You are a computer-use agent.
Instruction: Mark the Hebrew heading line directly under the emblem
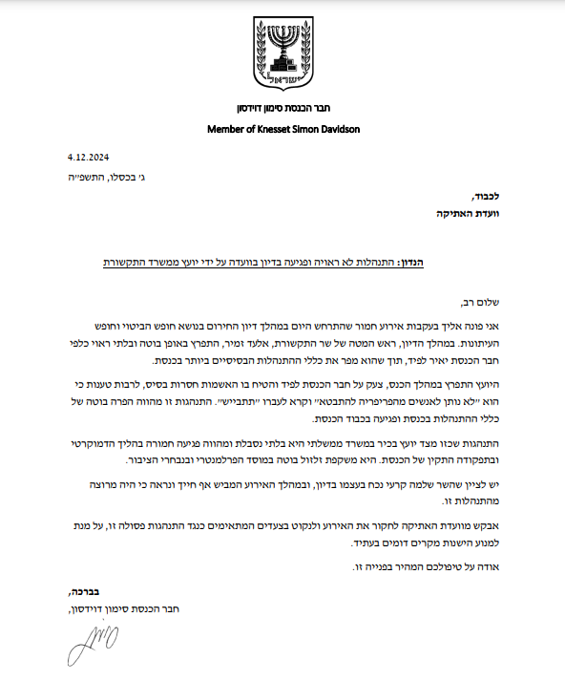coord(282,107)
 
